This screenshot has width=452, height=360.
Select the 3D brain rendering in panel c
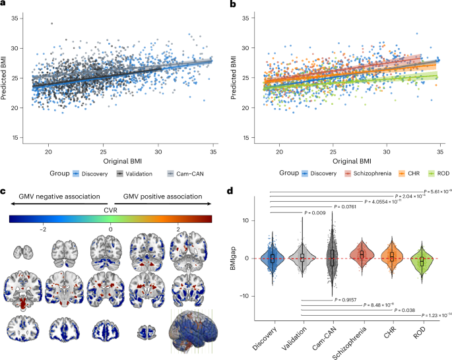point(195,334)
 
